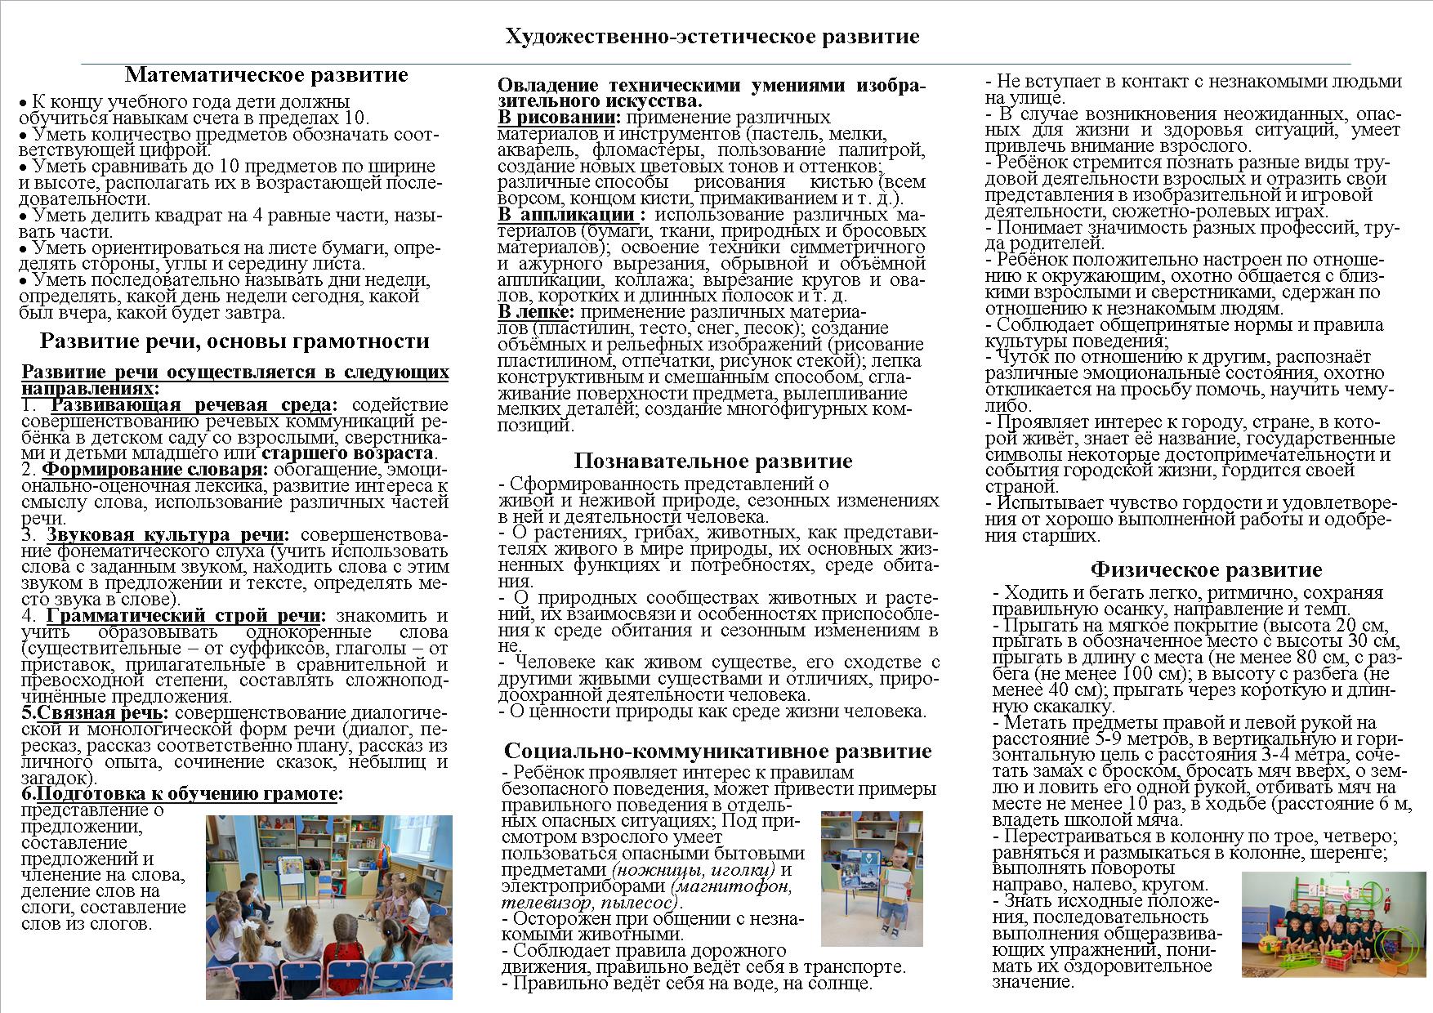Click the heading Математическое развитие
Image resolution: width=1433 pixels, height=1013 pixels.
coord(266,75)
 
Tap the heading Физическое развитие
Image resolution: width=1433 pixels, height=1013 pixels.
coord(1206,569)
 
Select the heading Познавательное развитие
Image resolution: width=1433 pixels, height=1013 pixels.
coord(712,461)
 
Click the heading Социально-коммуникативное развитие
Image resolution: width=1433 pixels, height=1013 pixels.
coord(717,751)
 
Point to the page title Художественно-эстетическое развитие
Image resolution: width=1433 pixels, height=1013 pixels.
coord(712,37)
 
